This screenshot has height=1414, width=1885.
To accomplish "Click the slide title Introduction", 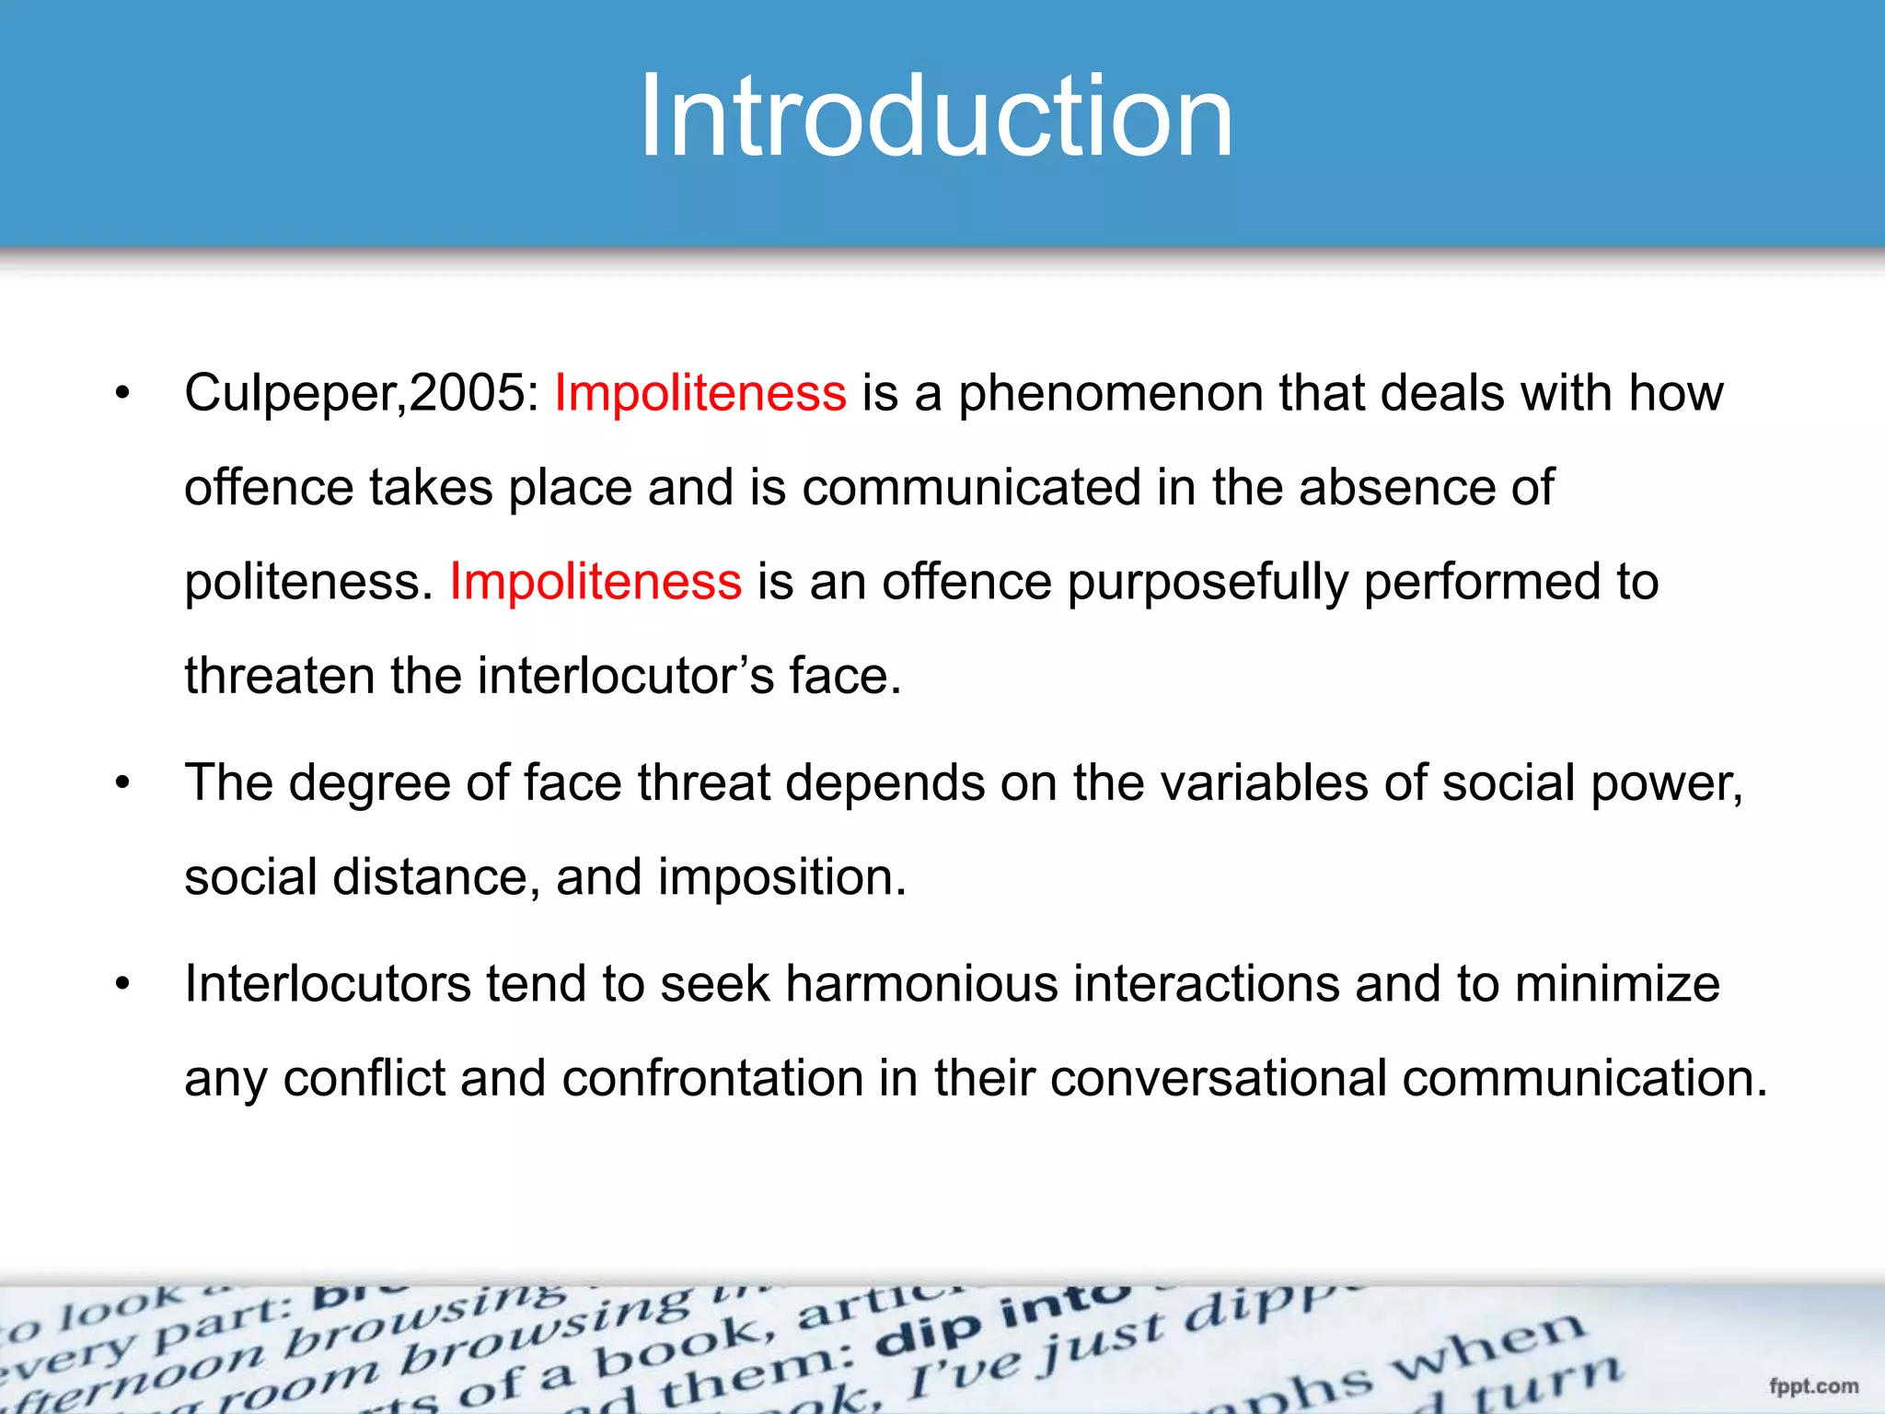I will tap(936, 117).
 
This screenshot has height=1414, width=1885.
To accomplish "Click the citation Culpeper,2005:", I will tap(362, 394).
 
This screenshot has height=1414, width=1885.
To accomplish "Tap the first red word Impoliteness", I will tap(700, 394).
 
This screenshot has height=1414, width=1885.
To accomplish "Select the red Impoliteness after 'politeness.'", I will tap(596, 583).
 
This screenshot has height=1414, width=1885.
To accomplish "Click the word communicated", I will tap(971, 488).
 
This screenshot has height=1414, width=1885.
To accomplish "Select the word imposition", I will tap(781, 877).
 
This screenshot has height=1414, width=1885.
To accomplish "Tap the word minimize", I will tap(1617, 984).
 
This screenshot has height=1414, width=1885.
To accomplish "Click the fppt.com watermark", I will tap(1813, 1386).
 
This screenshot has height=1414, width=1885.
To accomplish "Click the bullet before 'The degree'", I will tap(123, 784).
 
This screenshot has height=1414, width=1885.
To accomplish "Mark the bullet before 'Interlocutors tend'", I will tap(123, 985).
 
